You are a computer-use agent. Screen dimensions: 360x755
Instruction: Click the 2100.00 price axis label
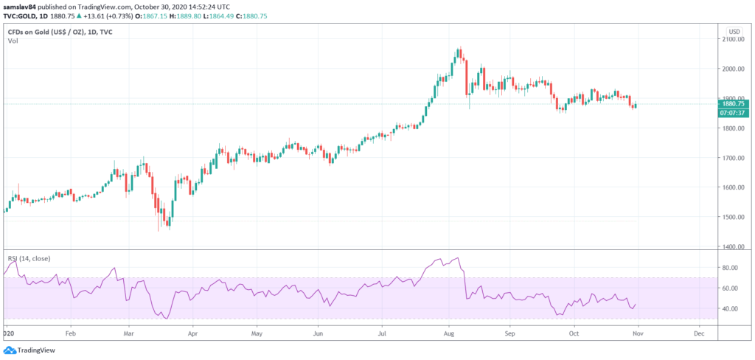coord(734,39)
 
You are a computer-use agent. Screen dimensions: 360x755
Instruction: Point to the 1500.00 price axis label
coord(734,217)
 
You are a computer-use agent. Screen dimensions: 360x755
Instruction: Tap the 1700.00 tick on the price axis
coord(734,158)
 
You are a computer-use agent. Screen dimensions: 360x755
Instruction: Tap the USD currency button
coord(734,31)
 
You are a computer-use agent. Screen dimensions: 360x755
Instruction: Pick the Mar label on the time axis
coord(128,333)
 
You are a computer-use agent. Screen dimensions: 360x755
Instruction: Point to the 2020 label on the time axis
coord(9,333)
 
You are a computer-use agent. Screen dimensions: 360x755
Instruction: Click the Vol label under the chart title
coord(13,41)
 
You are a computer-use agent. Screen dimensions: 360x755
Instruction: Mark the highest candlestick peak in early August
coord(459,49)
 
